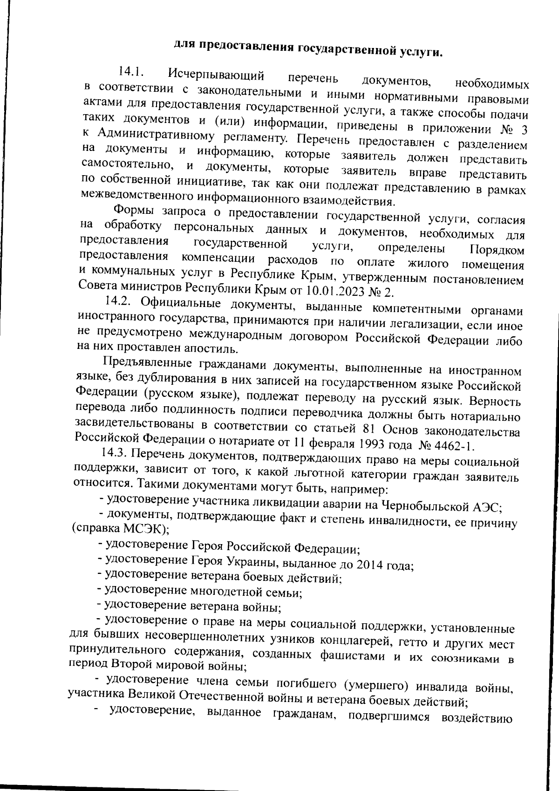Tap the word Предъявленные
point(151,362)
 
